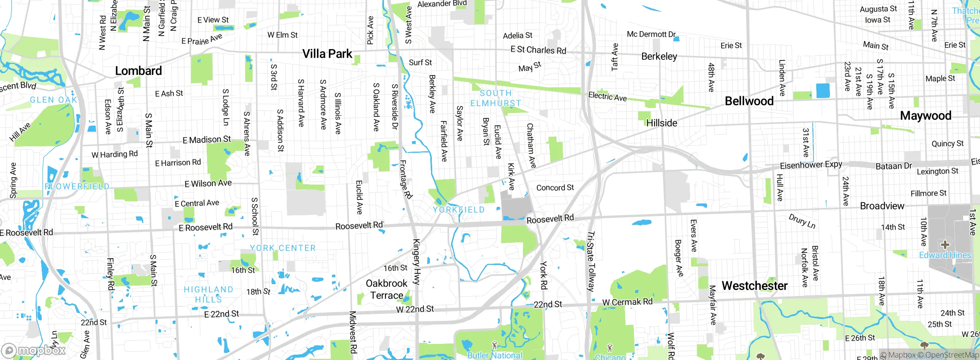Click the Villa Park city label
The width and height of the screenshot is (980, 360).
pos(327,54)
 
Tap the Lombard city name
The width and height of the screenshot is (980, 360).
pos(138,71)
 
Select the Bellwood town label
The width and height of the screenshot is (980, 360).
pos(749,101)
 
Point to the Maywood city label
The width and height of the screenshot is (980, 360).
pos(925,116)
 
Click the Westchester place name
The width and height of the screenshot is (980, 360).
pos(754,286)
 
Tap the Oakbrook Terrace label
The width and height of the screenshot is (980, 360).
pos(386,289)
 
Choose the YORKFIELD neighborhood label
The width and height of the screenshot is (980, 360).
pos(458,210)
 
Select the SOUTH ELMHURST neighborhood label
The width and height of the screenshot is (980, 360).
pos(495,98)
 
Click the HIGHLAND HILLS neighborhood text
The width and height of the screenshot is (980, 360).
pos(208,294)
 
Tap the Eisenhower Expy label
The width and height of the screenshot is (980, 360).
pos(811,165)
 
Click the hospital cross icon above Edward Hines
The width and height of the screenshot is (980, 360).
pos(945,244)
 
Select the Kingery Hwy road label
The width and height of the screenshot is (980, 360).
pos(416,262)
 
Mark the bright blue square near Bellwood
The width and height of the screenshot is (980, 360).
pos(823,91)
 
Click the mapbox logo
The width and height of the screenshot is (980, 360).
pos(34,350)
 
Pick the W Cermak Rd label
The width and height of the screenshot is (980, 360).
pos(627,302)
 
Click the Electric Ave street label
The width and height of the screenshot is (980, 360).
pos(607,96)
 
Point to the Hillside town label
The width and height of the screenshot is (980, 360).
pos(661,123)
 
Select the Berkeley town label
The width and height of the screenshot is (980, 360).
pos(659,57)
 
